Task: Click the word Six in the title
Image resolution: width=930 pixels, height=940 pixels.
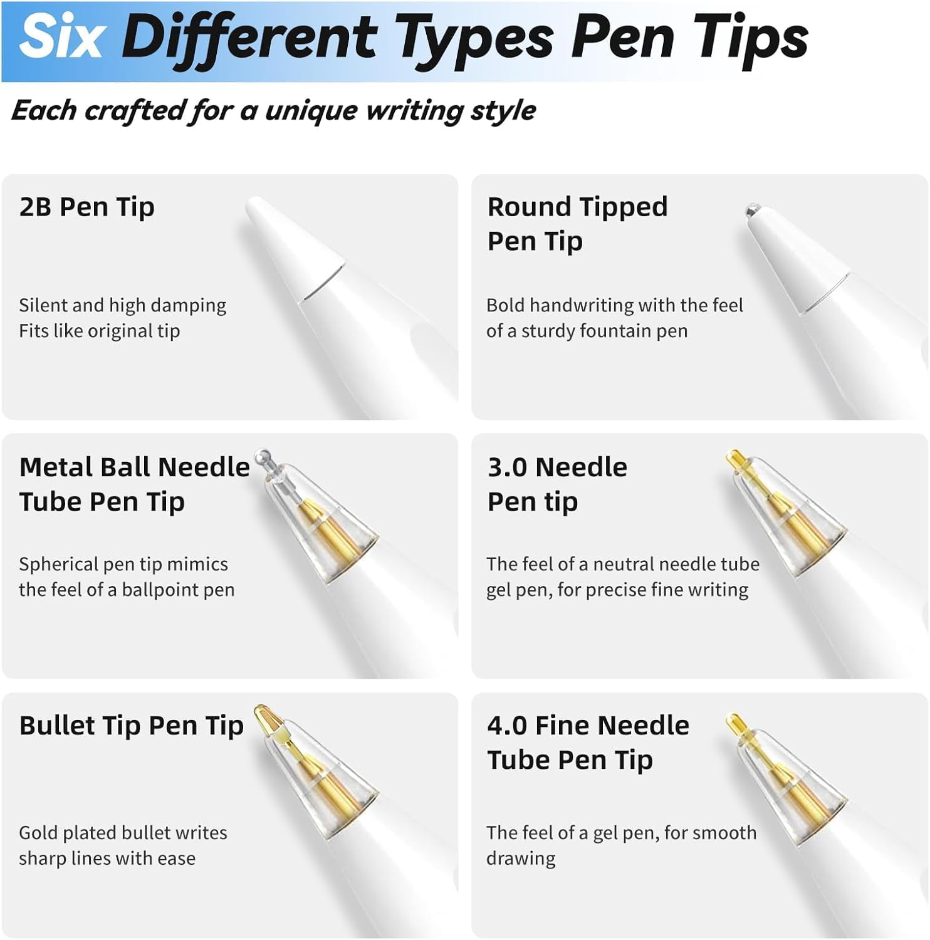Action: (61, 37)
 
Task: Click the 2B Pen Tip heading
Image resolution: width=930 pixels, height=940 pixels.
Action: (86, 207)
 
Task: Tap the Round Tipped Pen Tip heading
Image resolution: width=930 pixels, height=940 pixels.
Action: (577, 224)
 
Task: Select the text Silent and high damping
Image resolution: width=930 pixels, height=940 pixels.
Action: (122, 305)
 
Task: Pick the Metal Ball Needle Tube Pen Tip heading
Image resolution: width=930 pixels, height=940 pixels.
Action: (134, 484)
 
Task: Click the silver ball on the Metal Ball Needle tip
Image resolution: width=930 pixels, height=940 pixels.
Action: (264, 456)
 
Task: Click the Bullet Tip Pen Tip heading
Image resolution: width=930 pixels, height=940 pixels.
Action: (131, 726)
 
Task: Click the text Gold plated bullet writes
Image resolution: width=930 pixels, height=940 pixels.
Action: (123, 833)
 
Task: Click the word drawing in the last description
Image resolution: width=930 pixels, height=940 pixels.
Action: (521, 859)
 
